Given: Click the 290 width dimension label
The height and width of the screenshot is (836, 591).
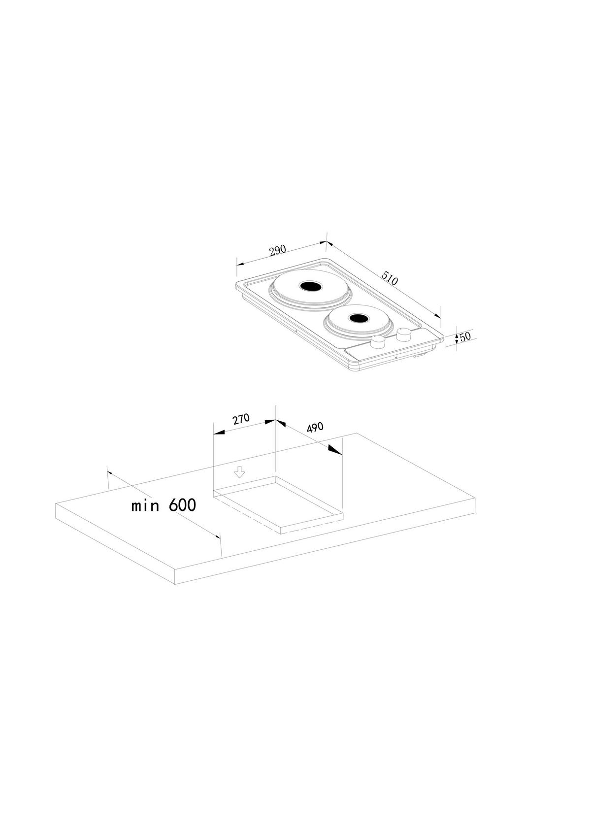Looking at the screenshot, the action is click(x=278, y=250).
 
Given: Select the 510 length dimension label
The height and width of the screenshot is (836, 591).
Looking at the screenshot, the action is click(x=390, y=278).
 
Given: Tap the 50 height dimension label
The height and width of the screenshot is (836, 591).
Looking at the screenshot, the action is click(x=465, y=336).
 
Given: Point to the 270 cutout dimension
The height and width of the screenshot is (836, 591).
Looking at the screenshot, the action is click(x=241, y=419).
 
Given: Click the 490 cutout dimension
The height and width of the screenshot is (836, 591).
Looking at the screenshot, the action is click(x=315, y=428).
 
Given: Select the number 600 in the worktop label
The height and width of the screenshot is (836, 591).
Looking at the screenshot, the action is click(x=182, y=505).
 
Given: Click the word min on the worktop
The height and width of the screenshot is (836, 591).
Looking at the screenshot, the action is click(x=145, y=506).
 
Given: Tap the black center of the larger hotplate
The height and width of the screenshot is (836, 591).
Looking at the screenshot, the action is click(x=309, y=287).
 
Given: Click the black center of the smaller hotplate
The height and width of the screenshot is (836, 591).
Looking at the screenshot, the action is click(x=359, y=318).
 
